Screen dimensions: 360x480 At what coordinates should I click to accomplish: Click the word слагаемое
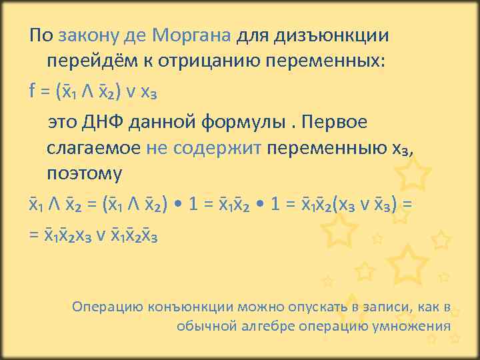coord(93,149)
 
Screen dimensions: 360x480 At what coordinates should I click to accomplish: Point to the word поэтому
coord(84,174)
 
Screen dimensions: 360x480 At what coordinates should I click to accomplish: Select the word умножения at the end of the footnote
coord(413,326)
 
